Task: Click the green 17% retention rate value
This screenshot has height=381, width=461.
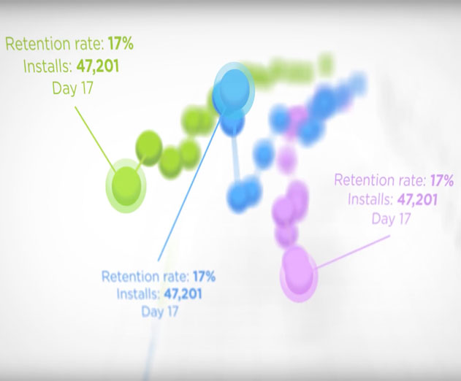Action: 121,44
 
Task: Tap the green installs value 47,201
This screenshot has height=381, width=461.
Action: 98,66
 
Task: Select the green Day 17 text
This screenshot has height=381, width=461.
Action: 72,88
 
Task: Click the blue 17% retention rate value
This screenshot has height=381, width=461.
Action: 204,276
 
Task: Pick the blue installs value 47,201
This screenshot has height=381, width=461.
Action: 183,293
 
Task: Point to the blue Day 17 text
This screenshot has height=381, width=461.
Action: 160,312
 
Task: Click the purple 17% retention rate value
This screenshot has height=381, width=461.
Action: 442,180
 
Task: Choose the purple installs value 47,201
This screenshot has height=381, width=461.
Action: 417,199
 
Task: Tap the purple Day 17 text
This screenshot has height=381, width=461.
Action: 391,219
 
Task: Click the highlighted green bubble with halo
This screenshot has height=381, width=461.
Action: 126,185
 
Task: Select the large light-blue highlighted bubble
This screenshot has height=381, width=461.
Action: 234,88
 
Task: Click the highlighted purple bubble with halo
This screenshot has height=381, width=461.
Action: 299,274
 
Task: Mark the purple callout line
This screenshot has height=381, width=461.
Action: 352,252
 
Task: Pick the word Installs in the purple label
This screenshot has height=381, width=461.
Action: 370,200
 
